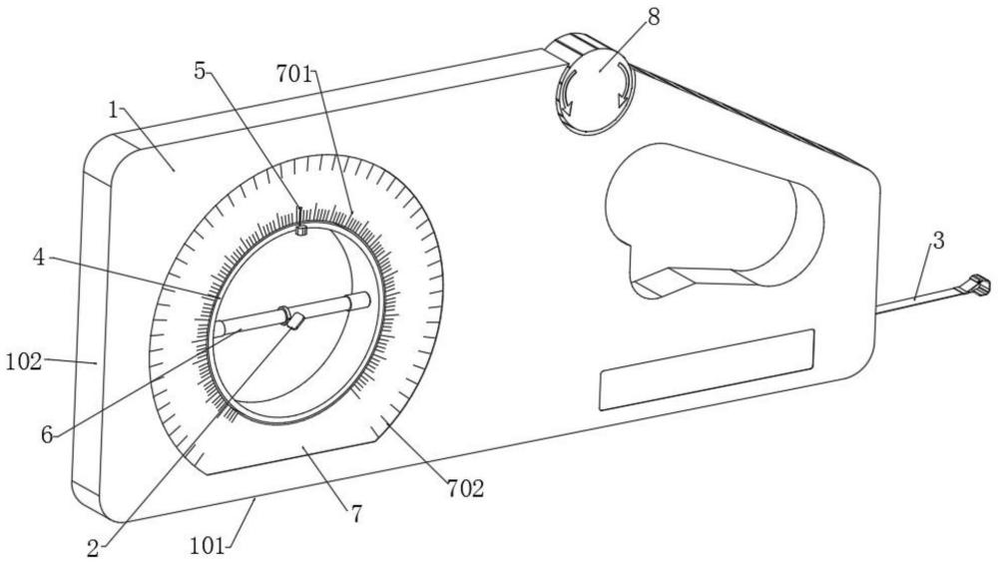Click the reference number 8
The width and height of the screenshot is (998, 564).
click(654, 17)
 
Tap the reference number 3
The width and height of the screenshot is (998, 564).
click(938, 242)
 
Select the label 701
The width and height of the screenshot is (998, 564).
click(293, 75)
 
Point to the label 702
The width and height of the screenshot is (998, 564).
click(465, 489)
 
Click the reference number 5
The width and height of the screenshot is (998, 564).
click(201, 71)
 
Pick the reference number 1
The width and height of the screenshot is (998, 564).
click(113, 111)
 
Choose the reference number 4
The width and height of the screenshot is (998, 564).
click(40, 258)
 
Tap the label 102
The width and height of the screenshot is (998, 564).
click(24, 362)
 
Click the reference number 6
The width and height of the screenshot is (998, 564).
click(47, 435)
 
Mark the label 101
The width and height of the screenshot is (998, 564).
click(207, 546)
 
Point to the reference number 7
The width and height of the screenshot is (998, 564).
click(356, 514)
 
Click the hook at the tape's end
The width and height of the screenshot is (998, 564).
click(979, 283)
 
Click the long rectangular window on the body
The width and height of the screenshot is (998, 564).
click(708, 370)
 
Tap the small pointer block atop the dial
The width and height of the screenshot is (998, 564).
click(301, 230)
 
